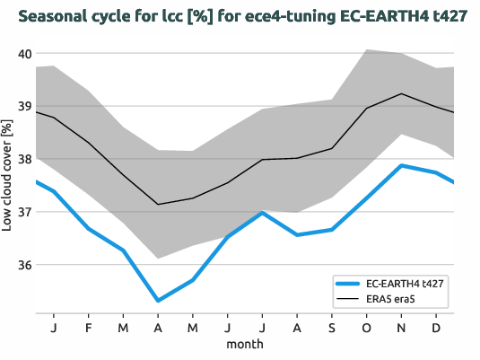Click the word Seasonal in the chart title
[x=55, y=17]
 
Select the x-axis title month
[x=244, y=344]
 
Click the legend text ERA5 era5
[x=395, y=298]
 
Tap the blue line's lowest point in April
[x=158, y=301]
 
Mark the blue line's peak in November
[x=402, y=165]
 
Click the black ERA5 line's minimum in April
[x=158, y=205]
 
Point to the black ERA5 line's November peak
[x=402, y=93]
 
